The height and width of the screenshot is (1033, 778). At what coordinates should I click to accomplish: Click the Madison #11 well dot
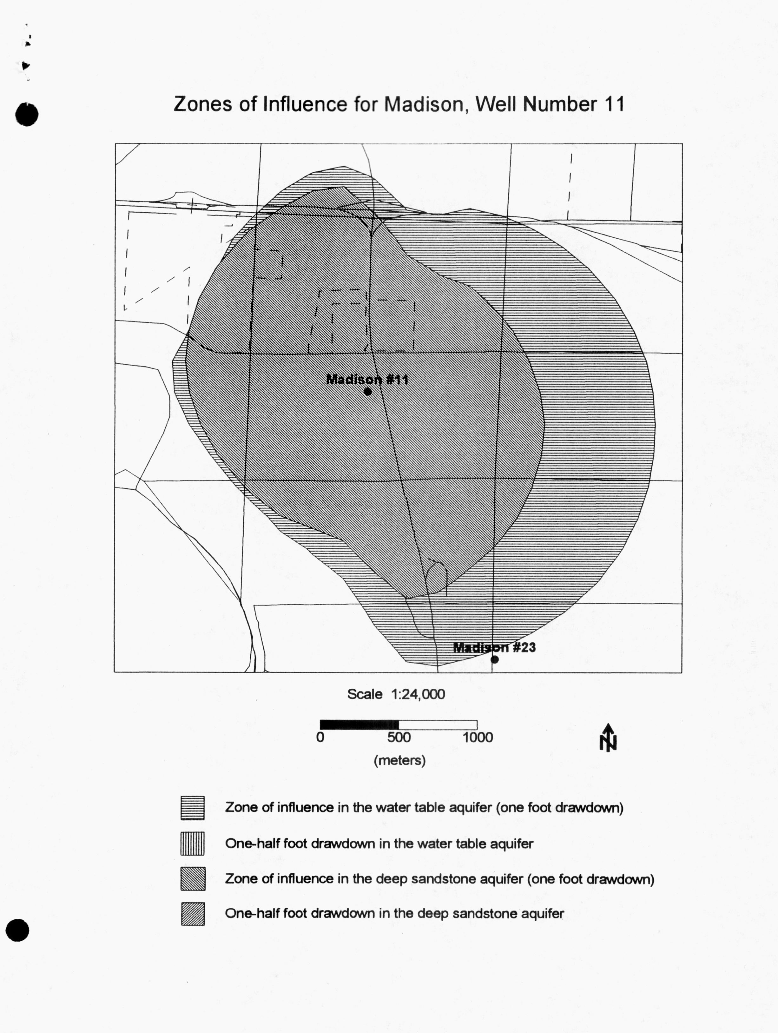click(x=367, y=391)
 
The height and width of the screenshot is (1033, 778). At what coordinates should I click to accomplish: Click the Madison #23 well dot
click(x=495, y=659)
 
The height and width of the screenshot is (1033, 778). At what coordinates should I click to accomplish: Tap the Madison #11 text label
click(x=367, y=379)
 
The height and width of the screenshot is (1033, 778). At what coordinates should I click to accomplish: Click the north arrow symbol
click(x=608, y=738)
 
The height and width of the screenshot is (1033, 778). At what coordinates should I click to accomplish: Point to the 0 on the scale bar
click(x=320, y=738)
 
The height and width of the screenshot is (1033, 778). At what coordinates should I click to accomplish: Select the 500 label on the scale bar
click(x=399, y=738)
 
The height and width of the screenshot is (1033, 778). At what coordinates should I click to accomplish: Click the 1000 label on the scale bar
click(x=478, y=738)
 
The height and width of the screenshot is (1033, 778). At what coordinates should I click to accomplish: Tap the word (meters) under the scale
click(x=399, y=760)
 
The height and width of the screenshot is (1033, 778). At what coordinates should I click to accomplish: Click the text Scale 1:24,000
click(x=396, y=694)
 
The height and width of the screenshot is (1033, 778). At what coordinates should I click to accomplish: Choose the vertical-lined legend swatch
click(x=192, y=844)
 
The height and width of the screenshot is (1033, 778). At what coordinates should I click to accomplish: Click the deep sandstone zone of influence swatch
click(x=192, y=879)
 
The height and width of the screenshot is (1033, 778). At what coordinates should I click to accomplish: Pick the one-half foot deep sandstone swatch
click(x=192, y=914)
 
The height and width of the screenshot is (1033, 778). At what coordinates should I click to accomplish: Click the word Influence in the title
click(x=305, y=104)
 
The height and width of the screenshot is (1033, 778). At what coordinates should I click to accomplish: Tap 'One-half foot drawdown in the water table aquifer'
click(x=379, y=844)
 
